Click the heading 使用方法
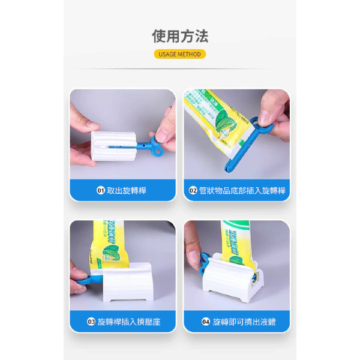pyautogui.click(x=180, y=36)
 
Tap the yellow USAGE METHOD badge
pyautogui.click(x=180, y=54)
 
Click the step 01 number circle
pyautogui.click(x=101, y=190)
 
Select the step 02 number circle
pyautogui.click(x=193, y=190)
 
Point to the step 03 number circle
pyautogui.click(x=91, y=322)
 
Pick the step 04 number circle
pyautogui.click(x=206, y=322)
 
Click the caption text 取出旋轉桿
pyautogui.click(x=127, y=190)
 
